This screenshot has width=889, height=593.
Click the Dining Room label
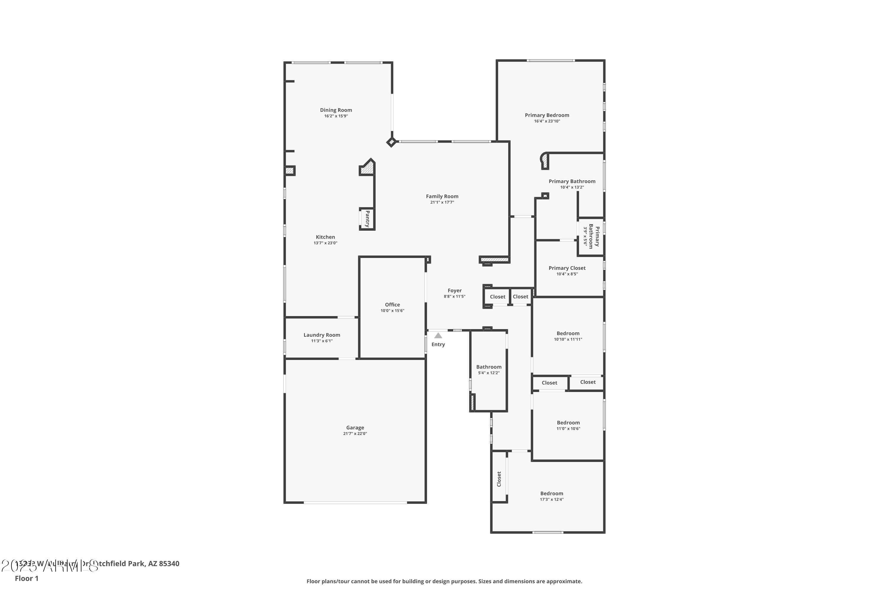pos(336,110)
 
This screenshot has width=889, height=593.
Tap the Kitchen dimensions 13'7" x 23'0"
pos(325,243)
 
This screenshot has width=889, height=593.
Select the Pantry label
pos(367,219)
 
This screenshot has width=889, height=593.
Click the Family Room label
pos(442,196)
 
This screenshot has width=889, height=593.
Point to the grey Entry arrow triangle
pos(438,335)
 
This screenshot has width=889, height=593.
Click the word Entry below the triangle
pos(438,345)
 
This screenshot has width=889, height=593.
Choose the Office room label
pos(392,305)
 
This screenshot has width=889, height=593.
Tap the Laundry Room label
pos(322,335)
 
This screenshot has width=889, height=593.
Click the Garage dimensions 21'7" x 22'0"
pos(355,434)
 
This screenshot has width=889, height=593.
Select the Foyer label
pos(454,291)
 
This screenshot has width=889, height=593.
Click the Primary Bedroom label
pos(546,115)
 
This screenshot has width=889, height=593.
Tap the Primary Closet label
pos(567,268)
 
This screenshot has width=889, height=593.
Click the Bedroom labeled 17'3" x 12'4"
pos(551,494)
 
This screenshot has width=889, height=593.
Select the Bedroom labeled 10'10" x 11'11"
pos(568,334)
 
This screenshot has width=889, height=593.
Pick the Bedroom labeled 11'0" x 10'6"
pos(568,423)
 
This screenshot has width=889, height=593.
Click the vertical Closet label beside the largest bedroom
pos(499,479)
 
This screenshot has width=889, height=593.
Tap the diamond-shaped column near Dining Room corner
pos(391,142)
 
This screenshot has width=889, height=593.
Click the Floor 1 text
pos(26,578)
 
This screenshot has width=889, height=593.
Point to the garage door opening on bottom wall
pos(355,503)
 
